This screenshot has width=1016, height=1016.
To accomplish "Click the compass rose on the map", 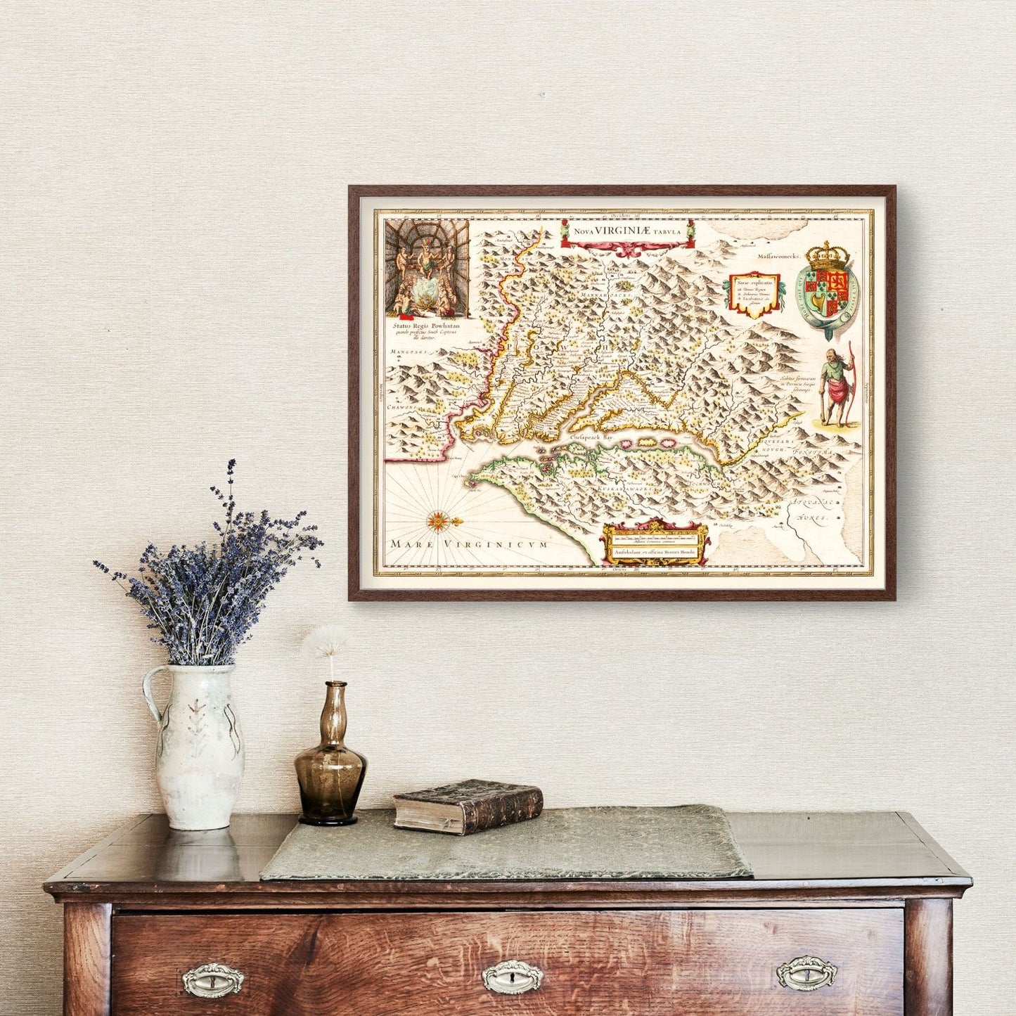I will (439, 521).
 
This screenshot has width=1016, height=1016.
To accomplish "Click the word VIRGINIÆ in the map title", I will (629, 229).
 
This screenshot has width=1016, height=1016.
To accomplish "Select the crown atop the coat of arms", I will (828, 256).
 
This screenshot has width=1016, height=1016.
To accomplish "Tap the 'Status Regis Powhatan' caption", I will (426, 327).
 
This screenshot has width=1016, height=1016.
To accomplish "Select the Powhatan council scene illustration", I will (427, 269).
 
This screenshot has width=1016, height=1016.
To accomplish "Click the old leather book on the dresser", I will (468, 805).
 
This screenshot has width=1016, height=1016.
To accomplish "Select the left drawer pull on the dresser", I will (212, 979).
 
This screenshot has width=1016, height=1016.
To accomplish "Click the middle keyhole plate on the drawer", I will (512, 976).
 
